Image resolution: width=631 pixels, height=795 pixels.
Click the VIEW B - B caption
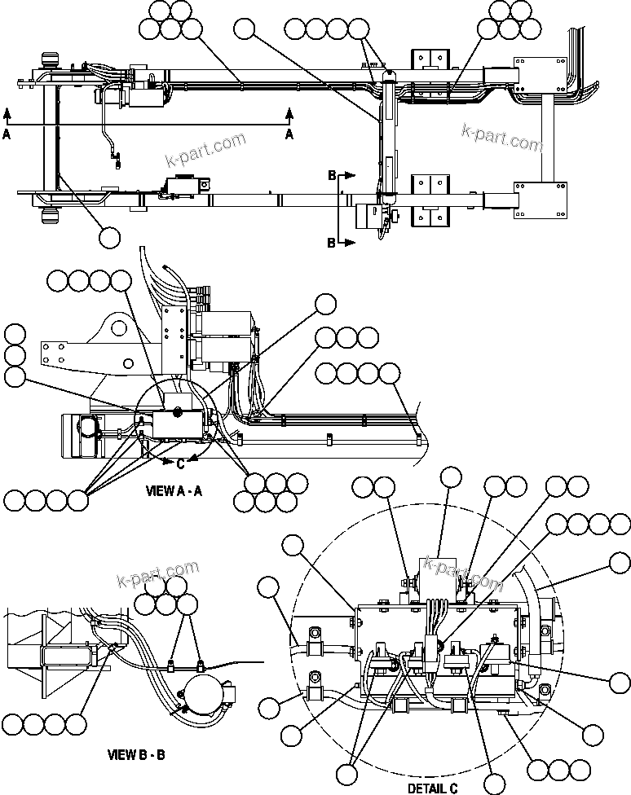pyautogui.click(x=136, y=754)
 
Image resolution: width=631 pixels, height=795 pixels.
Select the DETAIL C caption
pyautogui.click(x=432, y=788)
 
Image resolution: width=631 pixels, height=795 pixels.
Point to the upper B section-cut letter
pyautogui.click(x=332, y=175)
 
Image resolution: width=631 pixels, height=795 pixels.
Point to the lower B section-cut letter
pyautogui.click(x=332, y=243)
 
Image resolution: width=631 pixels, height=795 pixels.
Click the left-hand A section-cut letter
pyautogui.click(x=7, y=135)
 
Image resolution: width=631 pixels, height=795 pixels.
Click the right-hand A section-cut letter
pyautogui.click(x=289, y=135)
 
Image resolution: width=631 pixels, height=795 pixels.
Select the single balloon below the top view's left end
pyautogui.click(x=109, y=237)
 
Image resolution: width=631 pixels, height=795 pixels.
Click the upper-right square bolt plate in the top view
pyautogui.click(x=539, y=74)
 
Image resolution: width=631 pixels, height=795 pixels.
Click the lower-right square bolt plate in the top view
pyautogui.click(x=539, y=200)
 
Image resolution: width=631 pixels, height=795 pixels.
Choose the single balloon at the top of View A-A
pyautogui.click(x=325, y=304)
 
